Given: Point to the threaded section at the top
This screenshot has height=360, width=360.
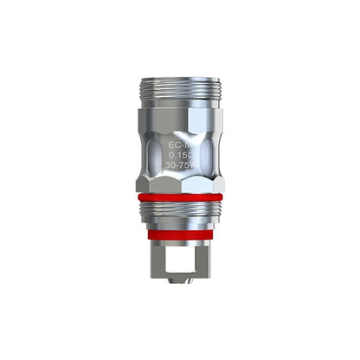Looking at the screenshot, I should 180,91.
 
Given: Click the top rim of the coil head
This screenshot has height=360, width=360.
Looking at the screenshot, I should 180,79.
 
